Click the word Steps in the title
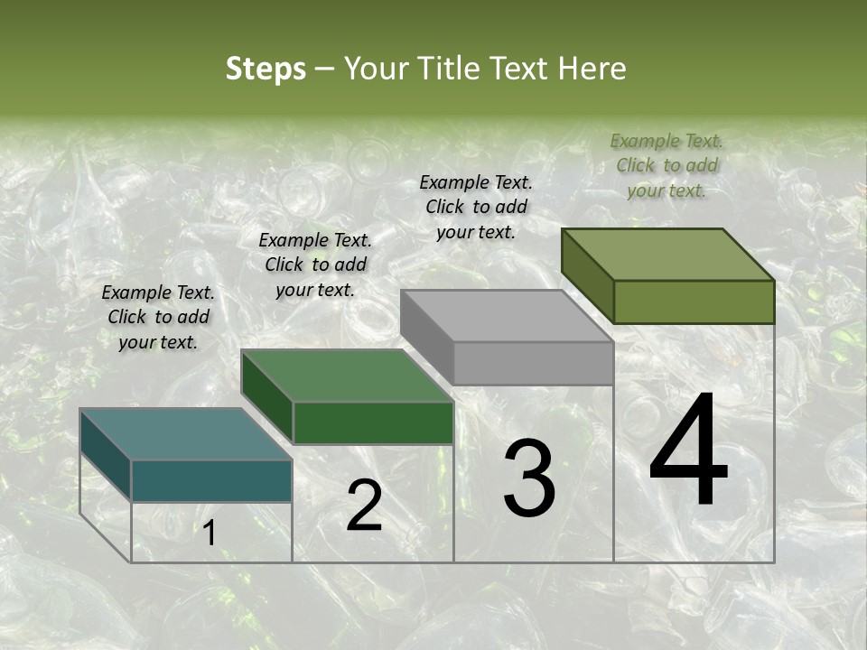click(x=266, y=69)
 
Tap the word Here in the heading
click(x=592, y=69)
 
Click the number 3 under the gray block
click(x=529, y=478)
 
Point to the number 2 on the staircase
click(x=364, y=506)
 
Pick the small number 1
click(x=210, y=534)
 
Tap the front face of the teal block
click(x=211, y=480)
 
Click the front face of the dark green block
click(x=373, y=422)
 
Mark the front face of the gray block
click(x=533, y=363)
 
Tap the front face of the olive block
click(x=694, y=302)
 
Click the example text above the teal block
click(x=158, y=317)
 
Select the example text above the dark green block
click(x=315, y=265)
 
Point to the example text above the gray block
click(x=476, y=207)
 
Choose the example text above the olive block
click(x=667, y=165)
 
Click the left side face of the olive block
click(x=587, y=275)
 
